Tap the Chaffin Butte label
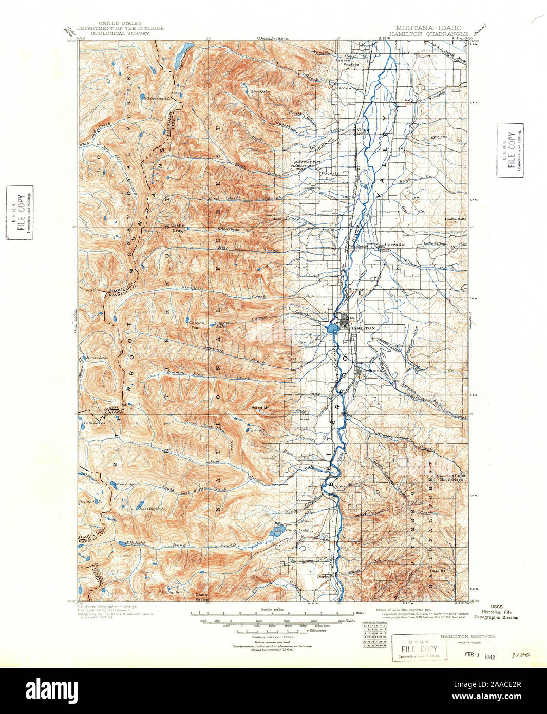coord(455,219)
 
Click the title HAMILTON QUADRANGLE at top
coord(428,33)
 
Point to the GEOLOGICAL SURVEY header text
coord(120,33)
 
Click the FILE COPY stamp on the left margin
coord(20,212)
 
